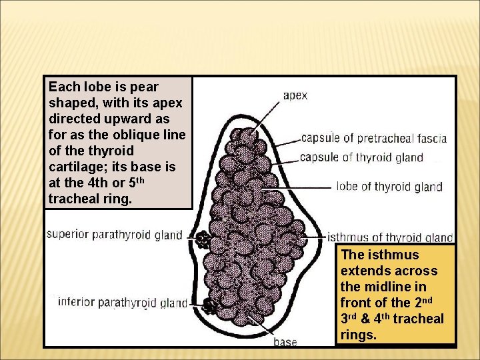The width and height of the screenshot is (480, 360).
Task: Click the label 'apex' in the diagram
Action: [x=295, y=95]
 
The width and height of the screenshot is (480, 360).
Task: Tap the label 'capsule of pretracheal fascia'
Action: [x=374, y=139]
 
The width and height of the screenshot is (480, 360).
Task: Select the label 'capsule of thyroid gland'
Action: [x=361, y=157]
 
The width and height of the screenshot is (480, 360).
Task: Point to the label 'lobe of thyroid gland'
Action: [x=389, y=187]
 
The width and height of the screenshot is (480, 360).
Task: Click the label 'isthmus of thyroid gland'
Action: [x=390, y=237]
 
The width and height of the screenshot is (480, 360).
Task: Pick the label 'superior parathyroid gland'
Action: [x=115, y=234]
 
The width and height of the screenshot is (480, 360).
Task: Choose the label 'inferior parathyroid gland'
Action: [x=123, y=302]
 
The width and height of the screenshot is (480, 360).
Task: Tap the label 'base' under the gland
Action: [x=285, y=342]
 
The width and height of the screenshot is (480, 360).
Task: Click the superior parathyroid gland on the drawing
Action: [x=201, y=238]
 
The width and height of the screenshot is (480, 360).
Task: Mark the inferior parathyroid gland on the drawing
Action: [x=210, y=306]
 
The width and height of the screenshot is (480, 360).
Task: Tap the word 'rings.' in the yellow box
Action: [x=359, y=335]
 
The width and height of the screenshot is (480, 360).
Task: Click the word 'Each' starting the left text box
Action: [x=65, y=87]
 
